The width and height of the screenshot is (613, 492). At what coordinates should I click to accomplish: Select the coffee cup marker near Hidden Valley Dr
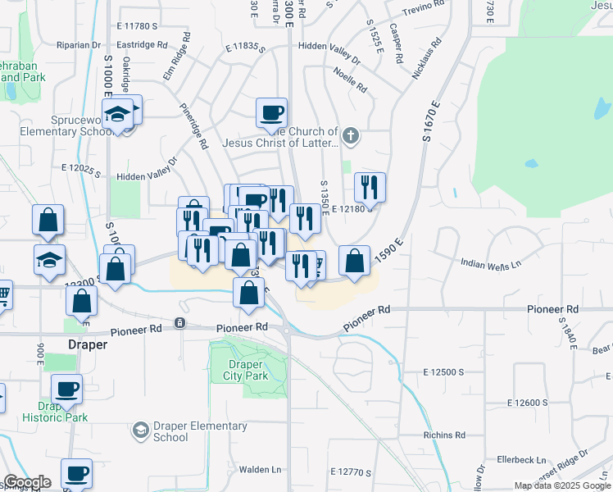coord(271,113)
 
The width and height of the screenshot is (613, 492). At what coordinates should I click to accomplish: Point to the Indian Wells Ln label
coord(490,264)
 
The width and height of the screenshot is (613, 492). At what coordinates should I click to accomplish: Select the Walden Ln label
coord(261,470)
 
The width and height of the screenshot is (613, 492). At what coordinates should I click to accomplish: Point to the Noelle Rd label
coord(350,80)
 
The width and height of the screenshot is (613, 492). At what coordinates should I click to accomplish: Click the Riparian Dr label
coord(78,45)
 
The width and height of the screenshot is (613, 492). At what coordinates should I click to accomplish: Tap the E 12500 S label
coord(444,372)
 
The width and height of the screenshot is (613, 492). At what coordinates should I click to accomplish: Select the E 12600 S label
coord(527,403)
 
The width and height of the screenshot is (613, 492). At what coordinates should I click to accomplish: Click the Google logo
coord(27,482)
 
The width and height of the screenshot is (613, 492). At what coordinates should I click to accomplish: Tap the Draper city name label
coord(87,345)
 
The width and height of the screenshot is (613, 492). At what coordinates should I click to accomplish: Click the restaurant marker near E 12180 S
coord(370,188)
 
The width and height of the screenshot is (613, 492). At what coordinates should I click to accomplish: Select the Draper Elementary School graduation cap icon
coord(140,430)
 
